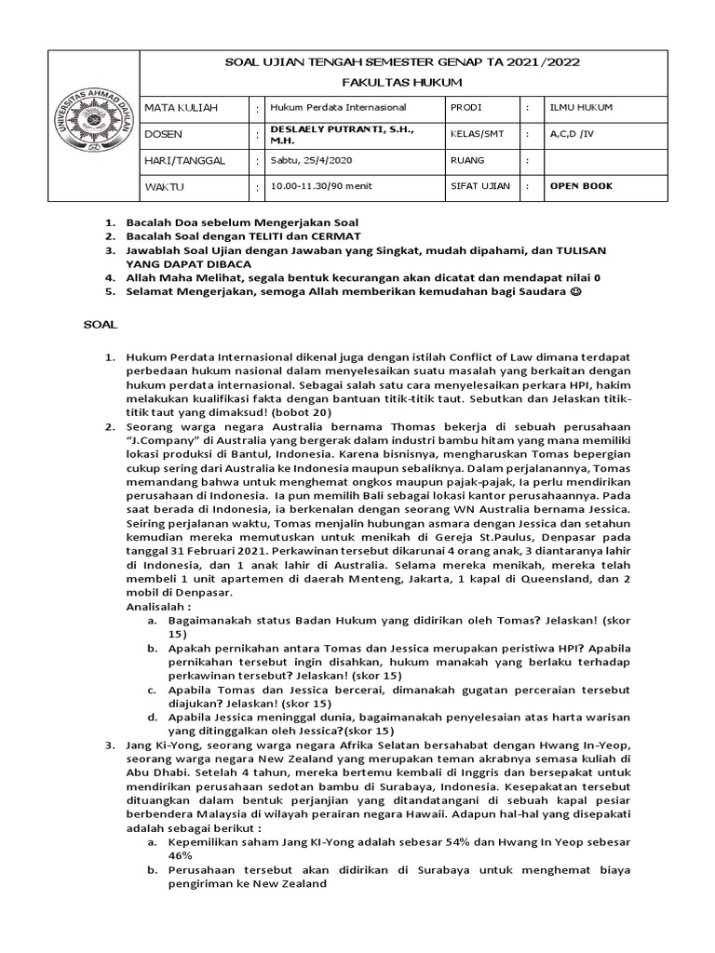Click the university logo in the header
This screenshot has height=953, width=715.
coord(93,126)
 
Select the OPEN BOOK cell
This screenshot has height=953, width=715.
coord(581,186)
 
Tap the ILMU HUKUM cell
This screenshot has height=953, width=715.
coord(581,108)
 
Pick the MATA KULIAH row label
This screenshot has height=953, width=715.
coord(181,108)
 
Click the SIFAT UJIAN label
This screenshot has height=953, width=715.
coord(480,186)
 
